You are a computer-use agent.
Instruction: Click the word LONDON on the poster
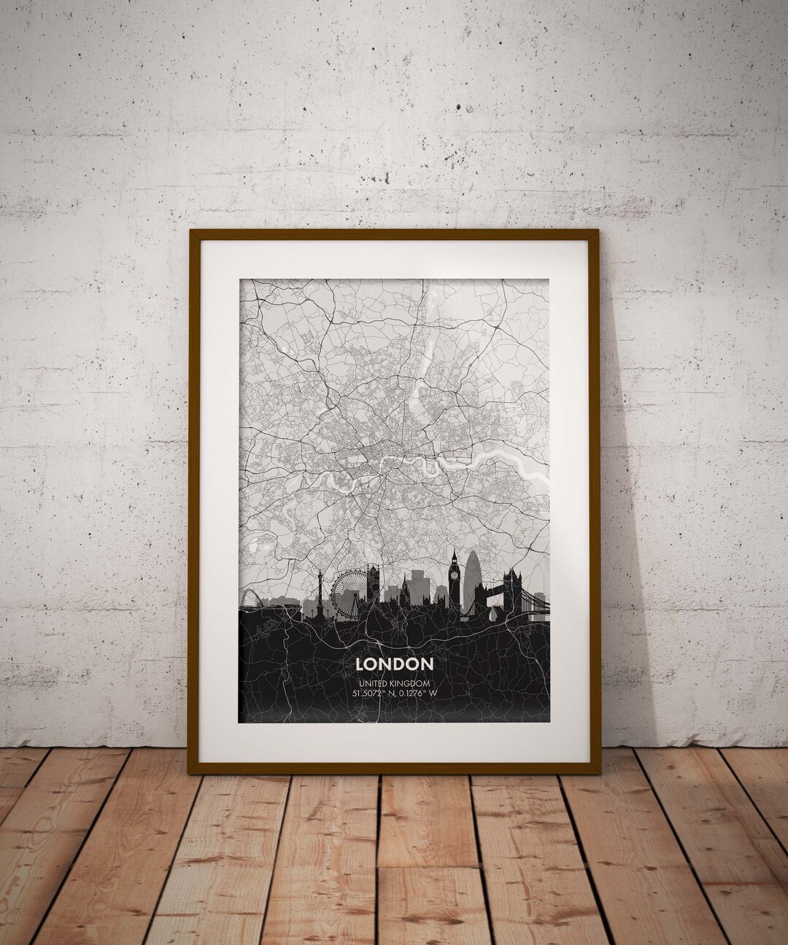pyautogui.click(x=394, y=664)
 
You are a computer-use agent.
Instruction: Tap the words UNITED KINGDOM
pyautogui.click(x=394, y=682)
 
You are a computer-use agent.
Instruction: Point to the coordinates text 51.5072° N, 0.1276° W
pyautogui.click(x=394, y=693)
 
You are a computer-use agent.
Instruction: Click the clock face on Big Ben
pyautogui.click(x=454, y=573)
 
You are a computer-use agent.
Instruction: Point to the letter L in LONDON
pyautogui.click(x=359, y=664)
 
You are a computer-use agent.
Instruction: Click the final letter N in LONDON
pyautogui.click(x=427, y=664)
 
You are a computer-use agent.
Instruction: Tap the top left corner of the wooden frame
pyautogui.click(x=193, y=233)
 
